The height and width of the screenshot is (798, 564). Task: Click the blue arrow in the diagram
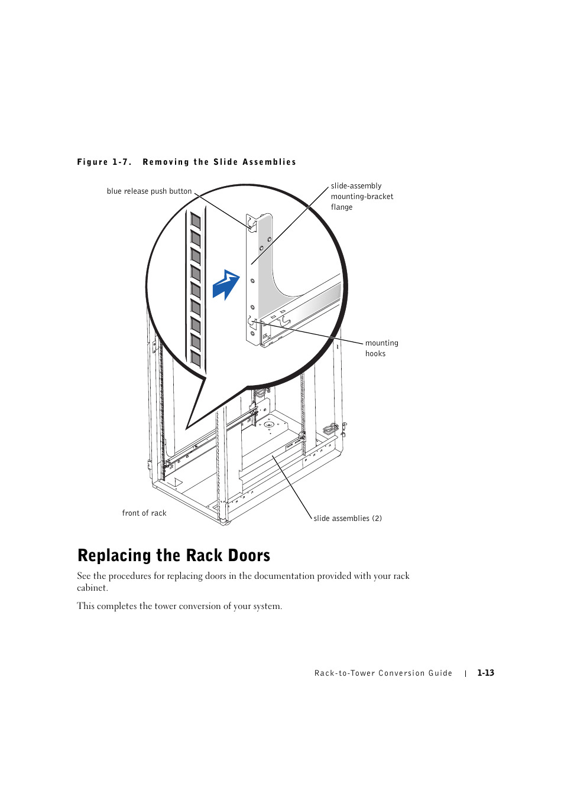click(226, 285)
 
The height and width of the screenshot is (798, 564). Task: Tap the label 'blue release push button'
click(150, 191)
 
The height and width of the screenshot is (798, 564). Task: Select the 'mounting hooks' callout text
click(381, 348)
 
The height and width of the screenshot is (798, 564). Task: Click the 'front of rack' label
click(144, 513)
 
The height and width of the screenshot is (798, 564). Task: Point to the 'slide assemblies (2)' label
click(348, 519)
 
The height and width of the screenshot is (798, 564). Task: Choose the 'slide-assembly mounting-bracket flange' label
click(362, 196)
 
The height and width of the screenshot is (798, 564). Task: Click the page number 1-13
click(485, 673)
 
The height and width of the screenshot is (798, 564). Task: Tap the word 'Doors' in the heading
click(249, 555)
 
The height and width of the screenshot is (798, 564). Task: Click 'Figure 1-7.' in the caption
click(104, 162)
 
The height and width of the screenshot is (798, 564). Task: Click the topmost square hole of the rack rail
click(195, 221)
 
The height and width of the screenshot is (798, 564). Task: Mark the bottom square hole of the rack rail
click(195, 359)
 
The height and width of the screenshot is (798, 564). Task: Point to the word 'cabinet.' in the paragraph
click(92, 588)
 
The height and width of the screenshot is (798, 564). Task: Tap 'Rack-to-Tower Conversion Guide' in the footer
click(383, 673)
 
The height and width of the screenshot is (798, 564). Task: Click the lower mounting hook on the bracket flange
click(252, 322)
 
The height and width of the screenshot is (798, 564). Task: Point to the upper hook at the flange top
click(252, 224)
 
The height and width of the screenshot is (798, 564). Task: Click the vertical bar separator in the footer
click(465, 673)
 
